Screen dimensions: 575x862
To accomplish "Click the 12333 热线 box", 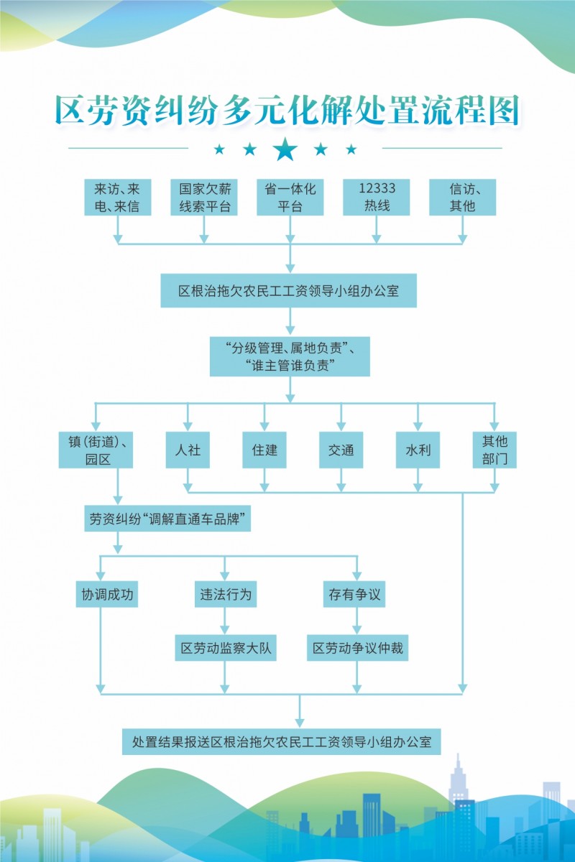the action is point(377,197).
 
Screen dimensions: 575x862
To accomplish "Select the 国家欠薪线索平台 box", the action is point(203,197).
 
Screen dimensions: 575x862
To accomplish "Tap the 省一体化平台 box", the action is point(290,197).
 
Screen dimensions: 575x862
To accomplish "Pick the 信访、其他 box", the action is point(463,197).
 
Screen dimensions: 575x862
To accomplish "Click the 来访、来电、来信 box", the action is point(117,197).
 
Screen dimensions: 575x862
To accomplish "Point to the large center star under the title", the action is point(285,149).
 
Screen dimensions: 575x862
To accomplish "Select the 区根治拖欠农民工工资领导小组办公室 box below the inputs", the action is point(288,290).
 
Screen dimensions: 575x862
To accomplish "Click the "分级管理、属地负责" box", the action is point(290,356).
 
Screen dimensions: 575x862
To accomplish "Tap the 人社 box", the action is point(188,450).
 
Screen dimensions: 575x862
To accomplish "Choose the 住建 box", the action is point(264,450).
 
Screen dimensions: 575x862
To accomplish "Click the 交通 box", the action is point(341,450).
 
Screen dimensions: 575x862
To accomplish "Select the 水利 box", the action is point(418,450).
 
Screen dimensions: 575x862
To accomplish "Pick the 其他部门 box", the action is point(494,450).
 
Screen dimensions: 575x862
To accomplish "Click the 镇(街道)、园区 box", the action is point(96,450).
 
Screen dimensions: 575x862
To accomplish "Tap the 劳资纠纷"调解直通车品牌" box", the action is point(167,519).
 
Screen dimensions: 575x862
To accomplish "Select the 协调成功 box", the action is point(106,594).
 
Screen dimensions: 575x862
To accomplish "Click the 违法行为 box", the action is point(226,594).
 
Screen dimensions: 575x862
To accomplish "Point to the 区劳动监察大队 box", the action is point(226,648).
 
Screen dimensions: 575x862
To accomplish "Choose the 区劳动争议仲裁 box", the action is point(357,648).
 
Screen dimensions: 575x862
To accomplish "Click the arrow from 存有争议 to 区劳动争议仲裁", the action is point(357,621).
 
